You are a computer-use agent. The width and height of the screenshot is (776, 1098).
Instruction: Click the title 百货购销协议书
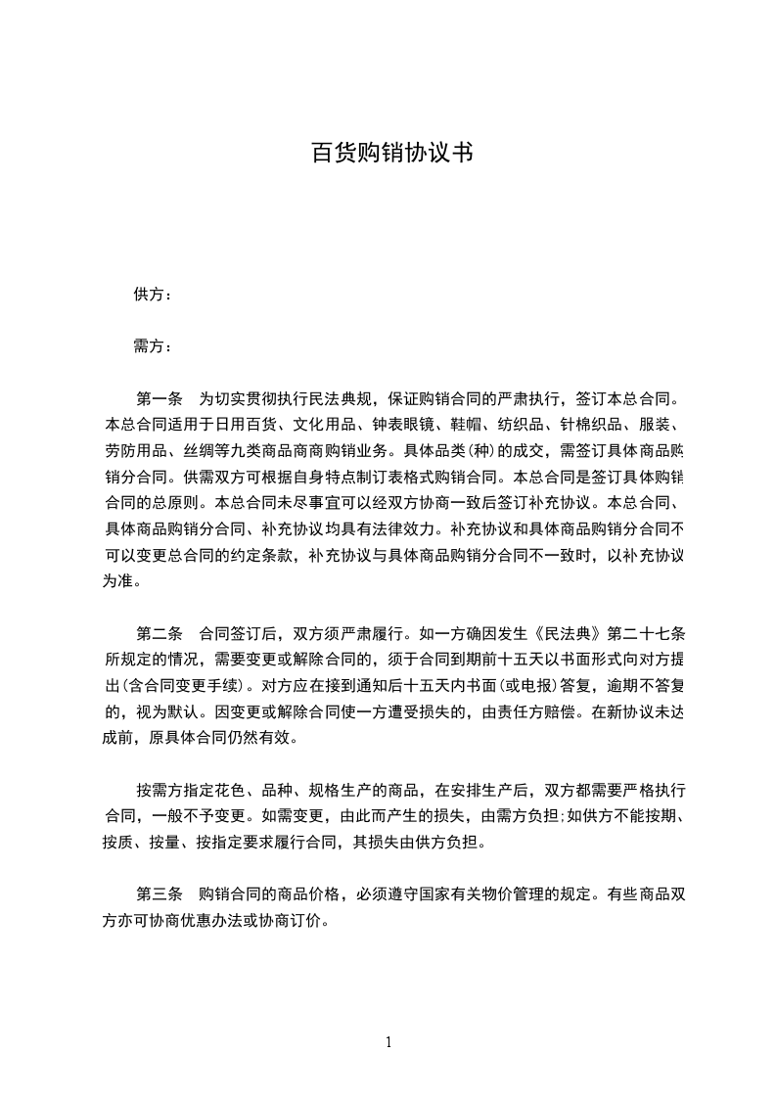point(391,154)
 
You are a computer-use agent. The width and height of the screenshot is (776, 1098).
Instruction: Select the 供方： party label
point(153,295)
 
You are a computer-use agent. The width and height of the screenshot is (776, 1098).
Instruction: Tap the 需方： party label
point(153,346)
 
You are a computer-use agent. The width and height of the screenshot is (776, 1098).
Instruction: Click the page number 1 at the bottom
point(388,1042)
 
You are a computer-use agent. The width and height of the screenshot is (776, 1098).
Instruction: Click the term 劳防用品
point(136,451)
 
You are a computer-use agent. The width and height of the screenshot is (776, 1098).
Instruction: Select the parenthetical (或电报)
point(519,683)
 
